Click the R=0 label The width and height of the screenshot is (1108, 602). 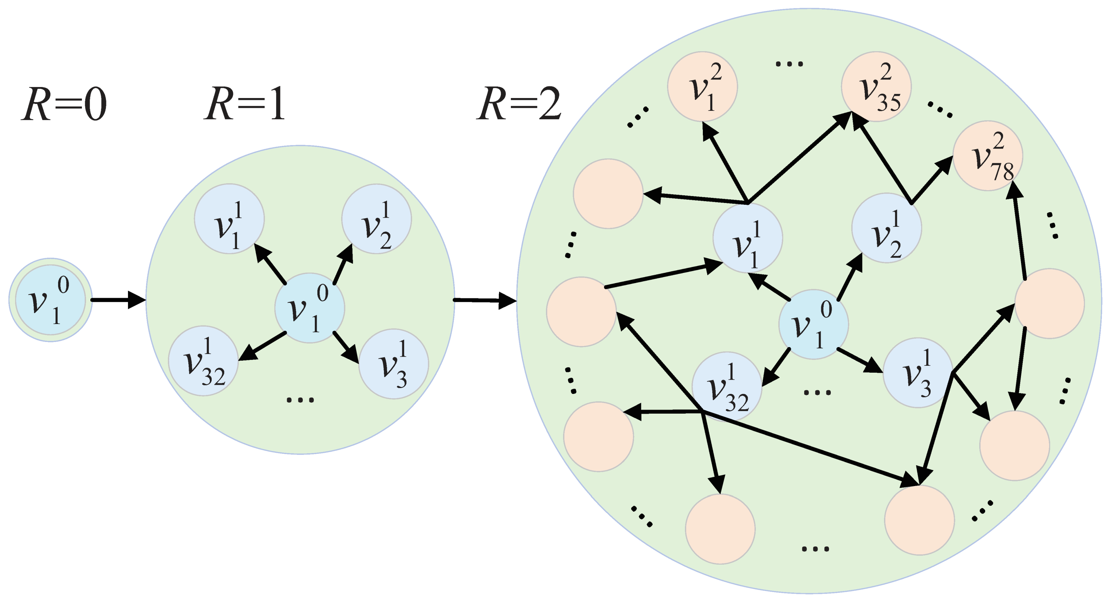[x=64, y=104]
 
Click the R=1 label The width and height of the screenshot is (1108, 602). [x=244, y=104]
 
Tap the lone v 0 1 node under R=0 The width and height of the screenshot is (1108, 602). [x=50, y=300]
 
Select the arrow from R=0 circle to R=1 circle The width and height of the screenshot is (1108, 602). [x=118, y=300]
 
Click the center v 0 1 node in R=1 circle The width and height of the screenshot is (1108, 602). [x=310, y=308]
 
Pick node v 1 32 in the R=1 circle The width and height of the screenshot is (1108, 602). [x=203, y=361]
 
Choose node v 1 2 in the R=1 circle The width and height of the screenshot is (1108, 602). [x=376, y=219]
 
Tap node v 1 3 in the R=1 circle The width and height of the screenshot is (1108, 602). [x=393, y=364]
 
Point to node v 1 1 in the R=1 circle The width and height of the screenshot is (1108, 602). [x=229, y=219]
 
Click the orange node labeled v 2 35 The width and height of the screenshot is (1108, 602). [x=876, y=86]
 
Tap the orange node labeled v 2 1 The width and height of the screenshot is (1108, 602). [x=702, y=86]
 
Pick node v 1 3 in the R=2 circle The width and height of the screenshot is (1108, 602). [x=918, y=373]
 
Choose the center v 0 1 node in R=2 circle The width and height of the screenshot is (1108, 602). [x=813, y=324]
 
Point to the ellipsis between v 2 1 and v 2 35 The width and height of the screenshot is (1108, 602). [x=789, y=64]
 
